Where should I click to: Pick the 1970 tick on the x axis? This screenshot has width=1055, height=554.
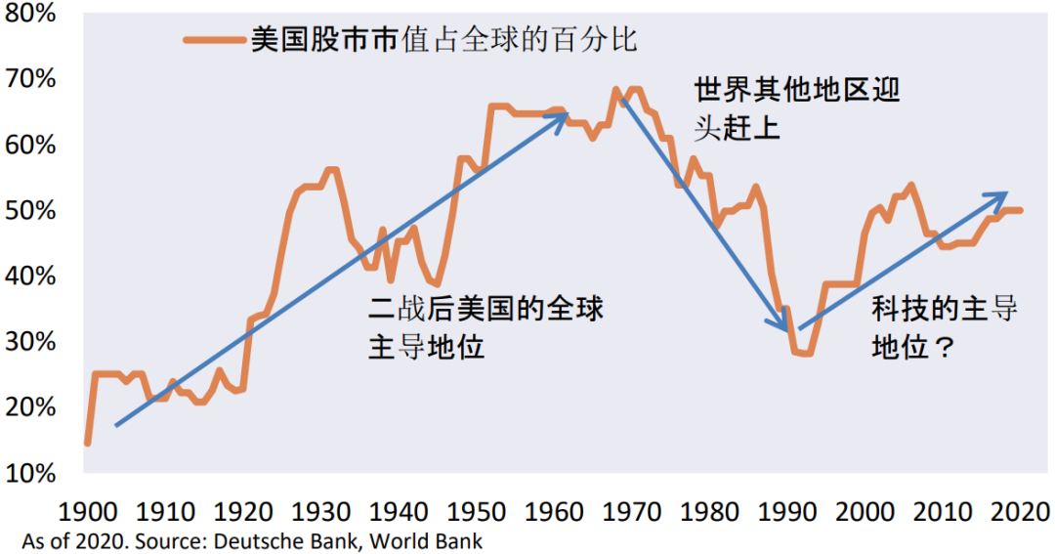pyautogui.click(x=632, y=511)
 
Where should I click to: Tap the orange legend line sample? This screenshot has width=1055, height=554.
pyautogui.click(x=212, y=40)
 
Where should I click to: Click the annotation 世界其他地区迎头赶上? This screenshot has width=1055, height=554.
pyautogui.click(x=796, y=108)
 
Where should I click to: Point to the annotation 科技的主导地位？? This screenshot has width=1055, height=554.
pyautogui.click(x=944, y=327)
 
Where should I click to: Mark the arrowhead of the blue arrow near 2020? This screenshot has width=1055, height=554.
pyautogui.click(x=1002, y=194)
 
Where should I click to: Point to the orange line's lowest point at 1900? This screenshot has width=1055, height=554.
pyautogui.click(x=88, y=443)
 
